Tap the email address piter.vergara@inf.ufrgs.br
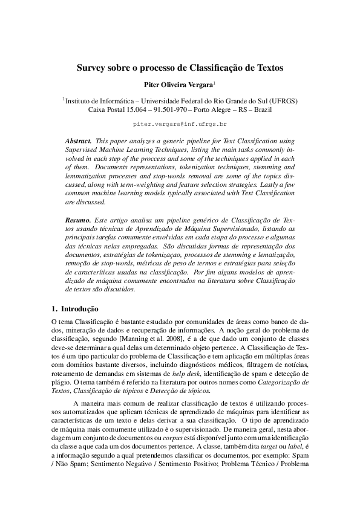[x=180, y=123]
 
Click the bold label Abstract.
[x=78, y=140]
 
